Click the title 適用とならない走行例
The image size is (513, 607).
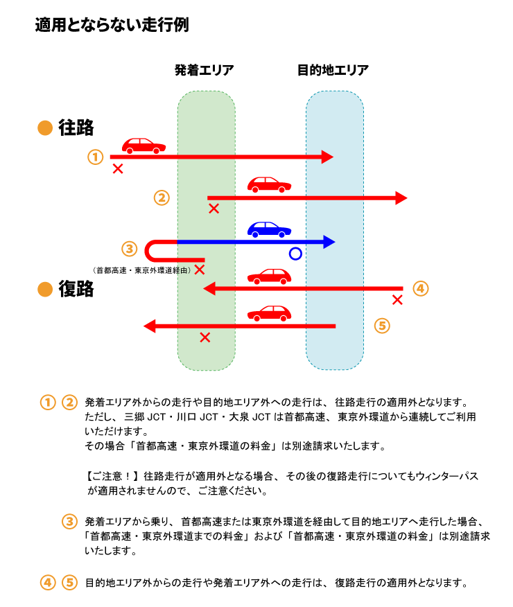(x=112, y=26)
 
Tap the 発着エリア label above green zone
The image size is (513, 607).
(x=205, y=70)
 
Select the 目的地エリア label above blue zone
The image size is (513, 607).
(x=333, y=70)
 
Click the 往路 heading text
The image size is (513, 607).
(x=76, y=128)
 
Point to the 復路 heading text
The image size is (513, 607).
(x=76, y=290)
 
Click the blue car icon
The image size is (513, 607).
(x=269, y=229)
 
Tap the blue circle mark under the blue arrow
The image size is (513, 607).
(x=295, y=254)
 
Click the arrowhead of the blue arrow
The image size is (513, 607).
(x=328, y=242)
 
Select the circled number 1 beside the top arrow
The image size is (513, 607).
(x=96, y=157)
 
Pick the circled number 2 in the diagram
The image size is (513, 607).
(x=162, y=198)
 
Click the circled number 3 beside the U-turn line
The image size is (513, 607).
(x=130, y=248)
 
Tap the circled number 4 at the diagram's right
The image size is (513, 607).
(x=421, y=288)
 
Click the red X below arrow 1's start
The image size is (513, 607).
(x=118, y=168)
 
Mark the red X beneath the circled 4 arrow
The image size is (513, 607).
(x=397, y=300)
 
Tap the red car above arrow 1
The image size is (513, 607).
(x=144, y=146)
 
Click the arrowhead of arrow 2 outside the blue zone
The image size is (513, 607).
(x=401, y=198)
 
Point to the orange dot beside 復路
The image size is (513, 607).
(x=46, y=290)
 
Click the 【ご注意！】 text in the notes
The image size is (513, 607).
(x=113, y=477)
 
